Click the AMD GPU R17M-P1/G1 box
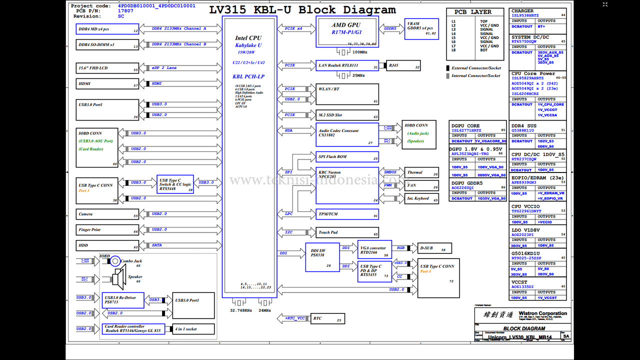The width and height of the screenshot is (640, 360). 347,31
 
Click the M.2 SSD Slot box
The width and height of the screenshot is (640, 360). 347,115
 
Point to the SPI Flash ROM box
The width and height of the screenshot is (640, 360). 347,156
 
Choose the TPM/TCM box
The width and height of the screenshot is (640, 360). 347,214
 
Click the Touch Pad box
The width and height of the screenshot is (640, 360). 347,232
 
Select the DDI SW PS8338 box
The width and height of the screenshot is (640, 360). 321,257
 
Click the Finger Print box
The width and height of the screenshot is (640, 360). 107,230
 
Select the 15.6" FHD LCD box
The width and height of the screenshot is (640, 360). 107,68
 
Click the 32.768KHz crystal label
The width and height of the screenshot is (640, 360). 240,310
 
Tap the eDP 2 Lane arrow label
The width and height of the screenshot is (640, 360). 164,68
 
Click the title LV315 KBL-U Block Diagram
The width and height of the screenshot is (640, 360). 302,10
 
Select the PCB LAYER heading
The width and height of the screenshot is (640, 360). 472,12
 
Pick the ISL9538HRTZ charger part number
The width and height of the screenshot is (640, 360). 525,15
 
